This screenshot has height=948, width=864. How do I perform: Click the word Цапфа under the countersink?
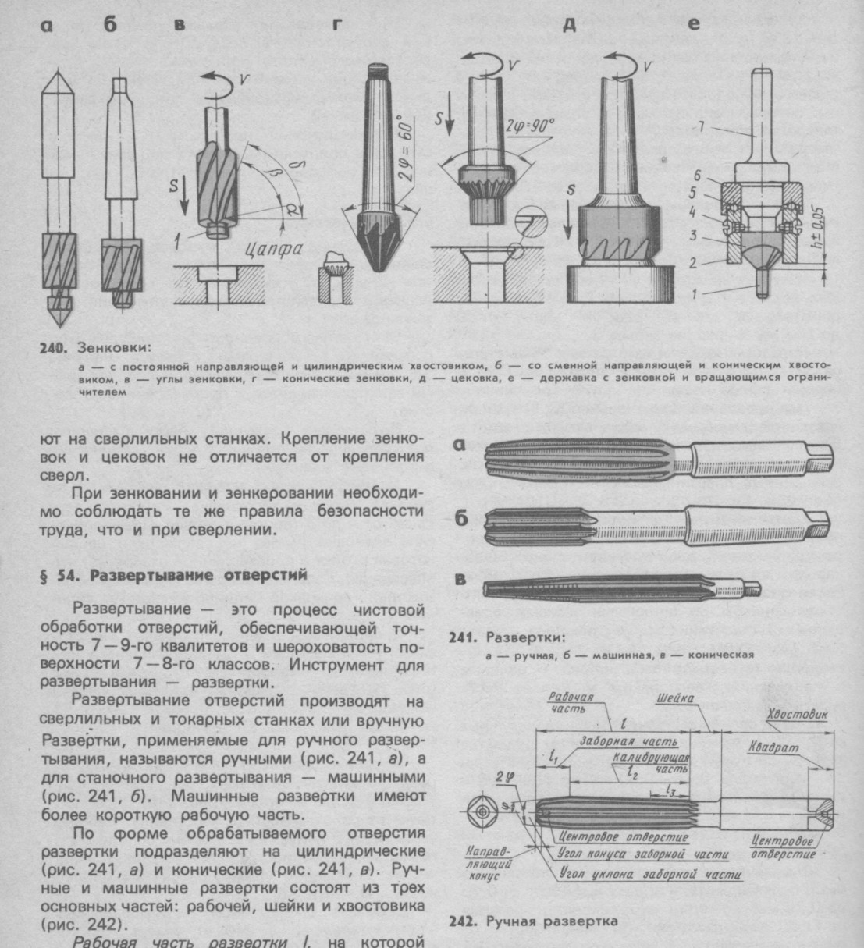point(274,249)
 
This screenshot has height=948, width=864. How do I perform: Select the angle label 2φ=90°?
point(528,126)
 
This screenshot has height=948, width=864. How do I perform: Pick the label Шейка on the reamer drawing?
point(675,698)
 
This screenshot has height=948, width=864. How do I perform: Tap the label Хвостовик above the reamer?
point(798,715)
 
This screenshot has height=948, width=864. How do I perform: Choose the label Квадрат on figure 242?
point(773,747)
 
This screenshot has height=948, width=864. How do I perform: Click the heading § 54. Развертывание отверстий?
point(174,575)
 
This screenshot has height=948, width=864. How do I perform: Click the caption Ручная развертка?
point(552,921)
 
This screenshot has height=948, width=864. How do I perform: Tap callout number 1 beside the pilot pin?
point(694,294)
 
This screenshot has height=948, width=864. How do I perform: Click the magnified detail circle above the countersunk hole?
point(531,226)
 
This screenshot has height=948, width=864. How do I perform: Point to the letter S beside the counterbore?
point(571,190)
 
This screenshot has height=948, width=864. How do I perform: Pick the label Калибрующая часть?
point(651,763)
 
